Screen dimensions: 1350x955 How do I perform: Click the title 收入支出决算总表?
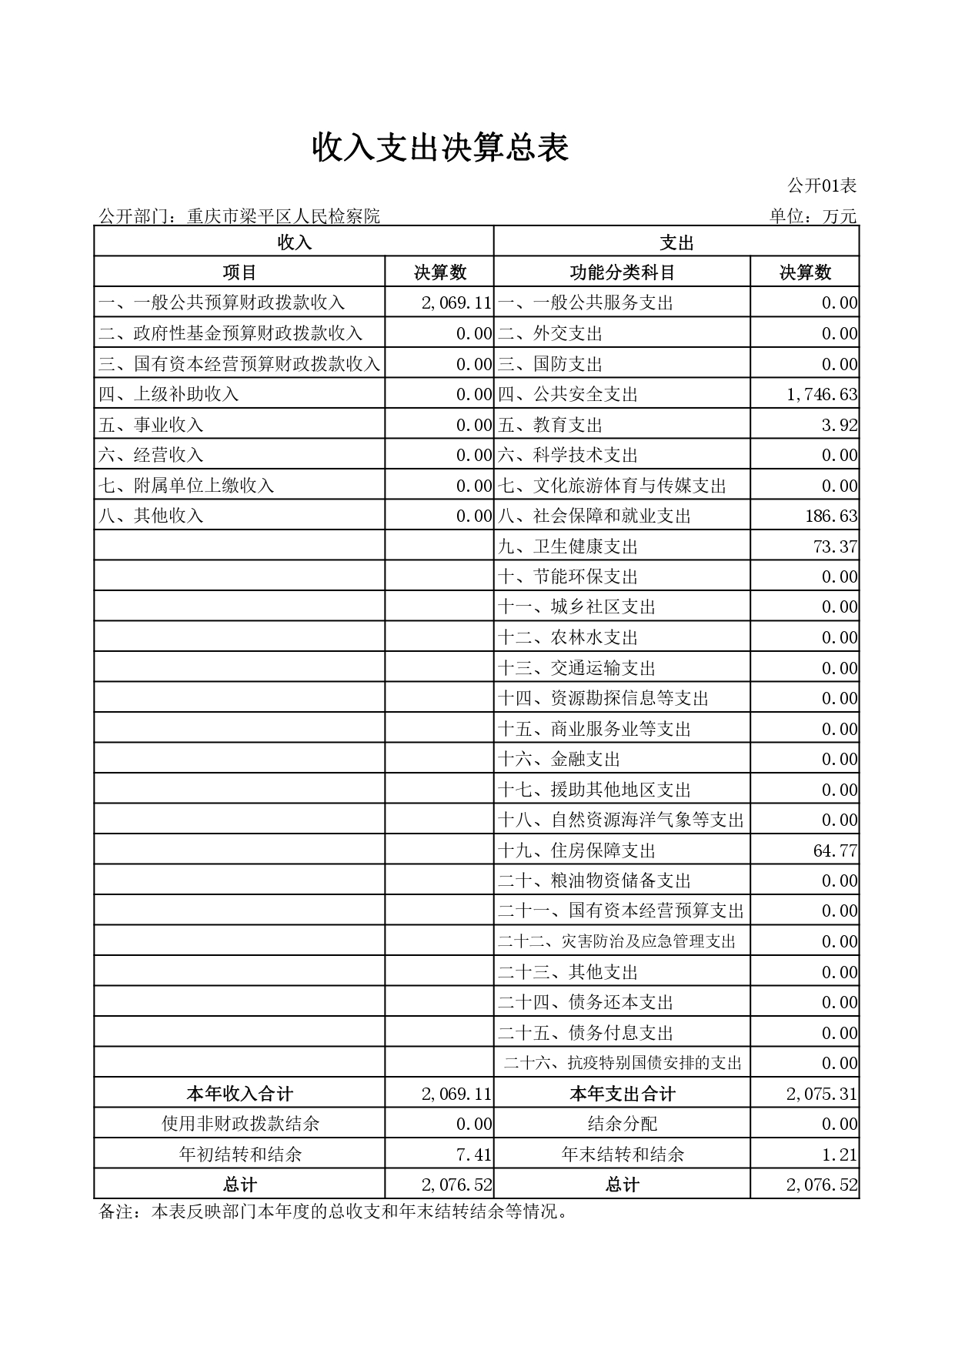(x=440, y=147)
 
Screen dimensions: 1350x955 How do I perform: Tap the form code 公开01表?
(x=821, y=185)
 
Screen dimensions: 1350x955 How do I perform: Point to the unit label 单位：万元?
(x=813, y=216)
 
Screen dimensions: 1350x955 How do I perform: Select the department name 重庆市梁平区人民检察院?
(x=284, y=216)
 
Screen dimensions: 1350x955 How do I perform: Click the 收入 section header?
(x=294, y=242)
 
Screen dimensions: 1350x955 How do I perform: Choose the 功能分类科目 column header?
(x=622, y=272)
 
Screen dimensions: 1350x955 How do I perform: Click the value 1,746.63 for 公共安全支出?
(x=822, y=395)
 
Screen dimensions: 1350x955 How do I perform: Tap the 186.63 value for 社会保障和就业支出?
(x=831, y=516)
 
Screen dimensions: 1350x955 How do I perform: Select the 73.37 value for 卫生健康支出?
(x=835, y=546)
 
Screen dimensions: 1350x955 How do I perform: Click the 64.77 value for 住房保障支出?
(x=835, y=850)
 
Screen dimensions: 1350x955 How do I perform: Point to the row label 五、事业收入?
(x=151, y=425)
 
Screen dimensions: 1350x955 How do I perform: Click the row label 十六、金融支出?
(x=559, y=760)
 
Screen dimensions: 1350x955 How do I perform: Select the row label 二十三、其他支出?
(x=568, y=972)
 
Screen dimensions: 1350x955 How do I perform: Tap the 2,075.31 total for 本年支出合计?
(x=822, y=1094)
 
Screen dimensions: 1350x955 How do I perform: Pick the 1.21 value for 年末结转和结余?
(x=840, y=1155)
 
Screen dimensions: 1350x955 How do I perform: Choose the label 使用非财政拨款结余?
(x=240, y=1124)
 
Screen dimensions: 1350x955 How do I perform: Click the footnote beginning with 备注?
(x=334, y=1213)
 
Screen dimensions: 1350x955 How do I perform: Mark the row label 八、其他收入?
(x=151, y=516)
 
